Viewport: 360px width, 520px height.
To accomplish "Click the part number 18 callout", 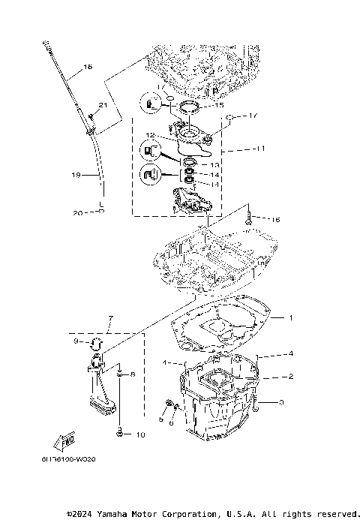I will pyautogui.click(x=88, y=68).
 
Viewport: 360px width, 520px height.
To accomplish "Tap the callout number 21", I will pyautogui.click(x=103, y=104).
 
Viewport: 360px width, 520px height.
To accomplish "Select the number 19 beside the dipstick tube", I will pyautogui.click(x=76, y=175).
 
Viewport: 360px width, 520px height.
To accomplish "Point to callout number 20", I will pyautogui.click(x=78, y=212).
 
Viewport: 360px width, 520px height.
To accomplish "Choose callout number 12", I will pyautogui.click(x=151, y=135).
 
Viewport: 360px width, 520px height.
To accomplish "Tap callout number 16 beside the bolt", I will pyautogui.click(x=276, y=220).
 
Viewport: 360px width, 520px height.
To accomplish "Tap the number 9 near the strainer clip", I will pyautogui.click(x=76, y=342).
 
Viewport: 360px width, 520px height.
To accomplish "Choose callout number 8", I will pyautogui.click(x=133, y=373).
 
